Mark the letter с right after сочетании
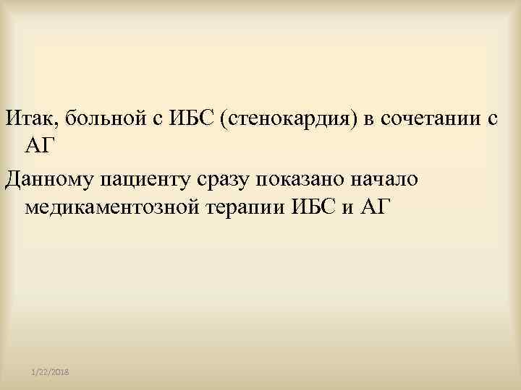[x=491, y=119]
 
